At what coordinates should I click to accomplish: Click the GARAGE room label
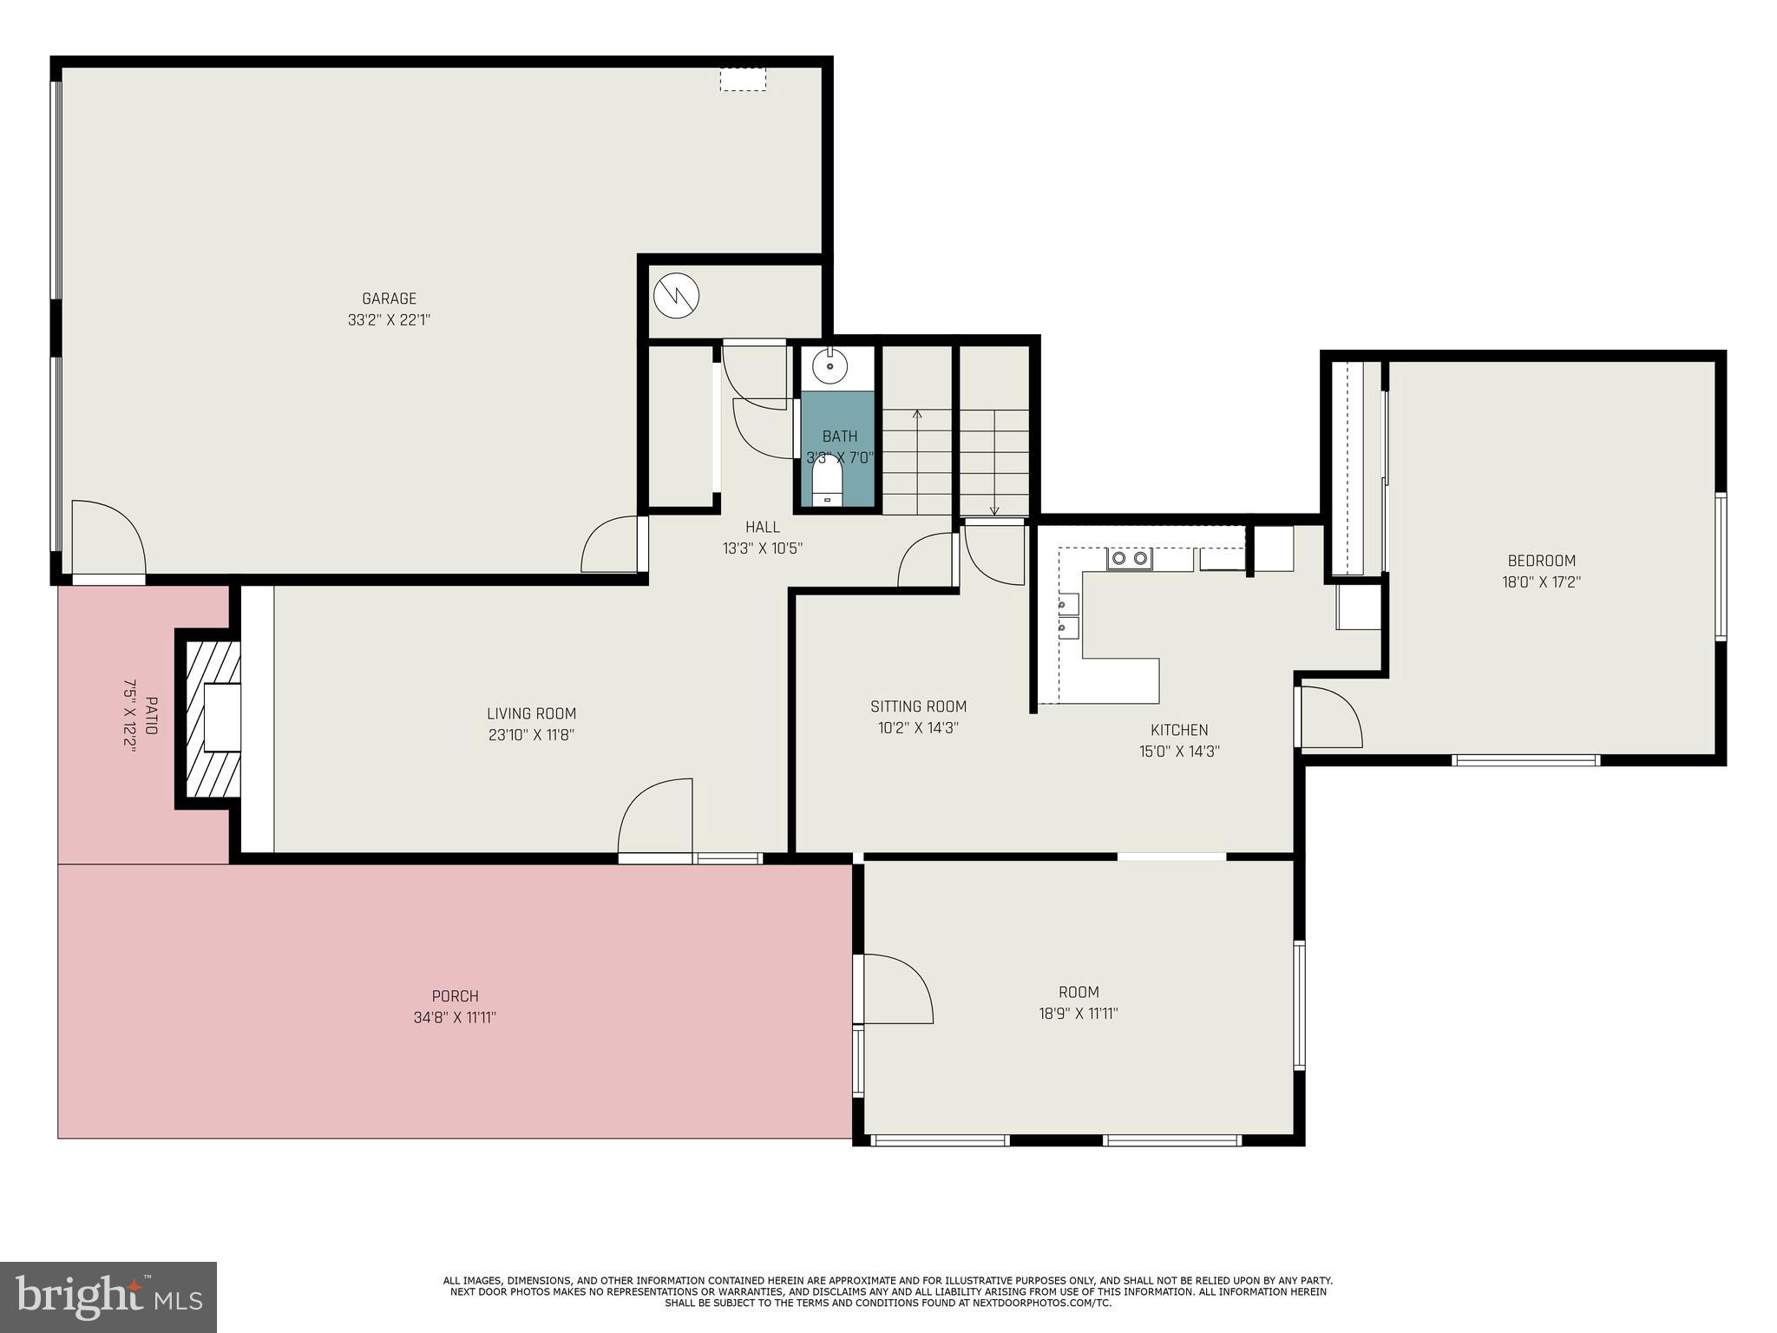click(389, 299)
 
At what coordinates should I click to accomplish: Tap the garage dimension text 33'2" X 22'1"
click(389, 320)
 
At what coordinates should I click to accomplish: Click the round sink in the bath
click(829, 365)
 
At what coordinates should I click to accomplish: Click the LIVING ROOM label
click(531, 713)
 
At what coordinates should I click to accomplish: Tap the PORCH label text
click(455, 996)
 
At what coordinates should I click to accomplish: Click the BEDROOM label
click(1541, 561)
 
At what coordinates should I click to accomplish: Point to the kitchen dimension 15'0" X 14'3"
click(1179, 752)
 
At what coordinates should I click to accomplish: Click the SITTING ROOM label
click(918, 706)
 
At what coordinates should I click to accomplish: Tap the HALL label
click(762, 527)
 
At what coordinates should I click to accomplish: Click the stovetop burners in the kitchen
click(1129, 559)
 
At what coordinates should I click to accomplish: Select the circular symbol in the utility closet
click(676, 296)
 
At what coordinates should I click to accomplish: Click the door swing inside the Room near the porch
click(895, 989)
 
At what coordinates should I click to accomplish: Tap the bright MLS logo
click(108, 1297)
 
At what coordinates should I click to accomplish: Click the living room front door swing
click(656, 816)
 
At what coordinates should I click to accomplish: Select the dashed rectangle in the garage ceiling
click(743, 80)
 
